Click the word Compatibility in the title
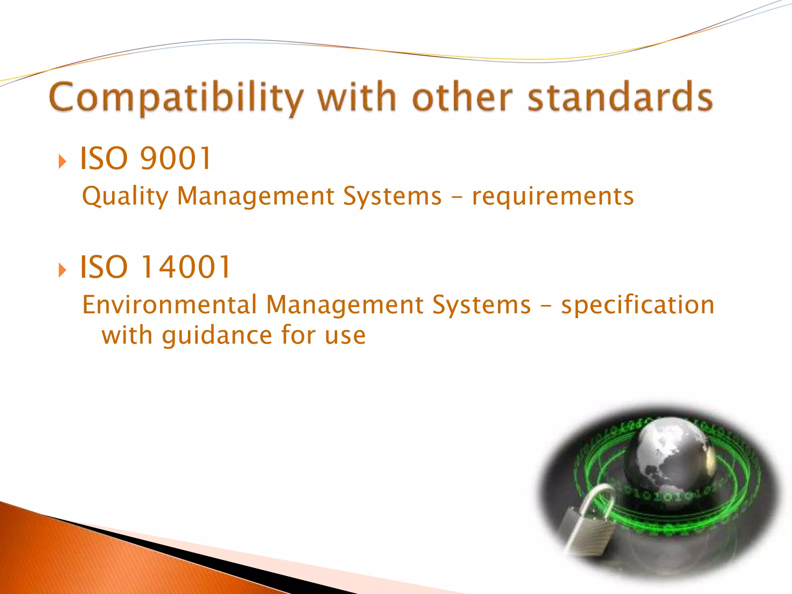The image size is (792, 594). click(x=176, y=97)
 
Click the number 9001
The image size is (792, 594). click(x=176, y=158)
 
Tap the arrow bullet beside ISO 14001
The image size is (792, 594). click(x=62, y=270)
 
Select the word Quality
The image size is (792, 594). click(x=125, y=196)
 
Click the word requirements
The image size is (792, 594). click(x=553, y=196)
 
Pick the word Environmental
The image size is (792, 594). click(x=169, y=305)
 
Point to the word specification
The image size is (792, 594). click(x=638, y=305)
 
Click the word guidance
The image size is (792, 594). click(x=217, y=335)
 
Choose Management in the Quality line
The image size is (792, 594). click(x=256, y=196)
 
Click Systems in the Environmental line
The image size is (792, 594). click(x=481, y=305)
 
